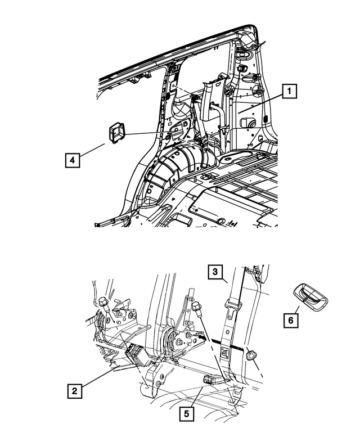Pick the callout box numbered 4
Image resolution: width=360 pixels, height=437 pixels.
click(71, 160)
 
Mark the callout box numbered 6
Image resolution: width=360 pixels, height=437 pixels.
click(291, 320)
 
